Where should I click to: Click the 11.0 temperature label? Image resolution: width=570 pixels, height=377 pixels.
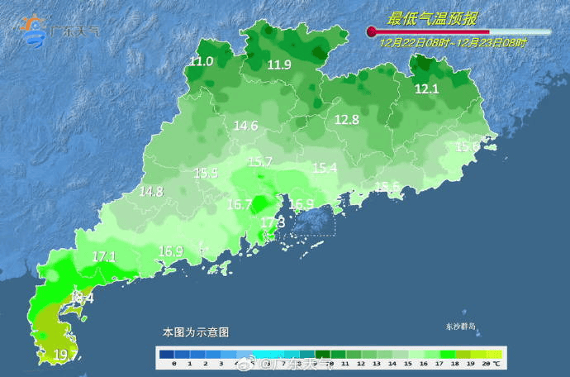point(202,61)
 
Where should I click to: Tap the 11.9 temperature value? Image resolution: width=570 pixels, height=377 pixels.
point(279,64)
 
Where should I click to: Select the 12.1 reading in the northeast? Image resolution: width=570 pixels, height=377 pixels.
point(426,88)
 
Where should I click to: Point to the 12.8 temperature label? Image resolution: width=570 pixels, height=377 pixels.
point(346,120)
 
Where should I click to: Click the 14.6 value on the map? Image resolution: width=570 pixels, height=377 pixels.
point(245,126)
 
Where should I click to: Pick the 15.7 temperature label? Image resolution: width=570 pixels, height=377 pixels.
point(260,161)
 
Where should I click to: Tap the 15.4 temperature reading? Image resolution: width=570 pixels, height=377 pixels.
point(325,168)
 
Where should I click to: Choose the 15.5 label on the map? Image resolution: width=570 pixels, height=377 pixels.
point(206,173)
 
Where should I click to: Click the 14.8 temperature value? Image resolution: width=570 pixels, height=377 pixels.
point(151,191)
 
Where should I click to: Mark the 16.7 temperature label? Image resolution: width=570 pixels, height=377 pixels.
point(240,203)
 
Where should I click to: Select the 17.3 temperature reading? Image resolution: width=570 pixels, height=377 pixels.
point(273,222)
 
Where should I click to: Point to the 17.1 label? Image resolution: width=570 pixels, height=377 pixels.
point(104,256)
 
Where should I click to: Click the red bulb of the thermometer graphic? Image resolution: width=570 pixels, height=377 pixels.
point(372,32)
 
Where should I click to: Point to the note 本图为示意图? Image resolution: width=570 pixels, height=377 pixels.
point(195,332)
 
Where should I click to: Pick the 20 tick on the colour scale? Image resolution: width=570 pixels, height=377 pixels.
point(486,363)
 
